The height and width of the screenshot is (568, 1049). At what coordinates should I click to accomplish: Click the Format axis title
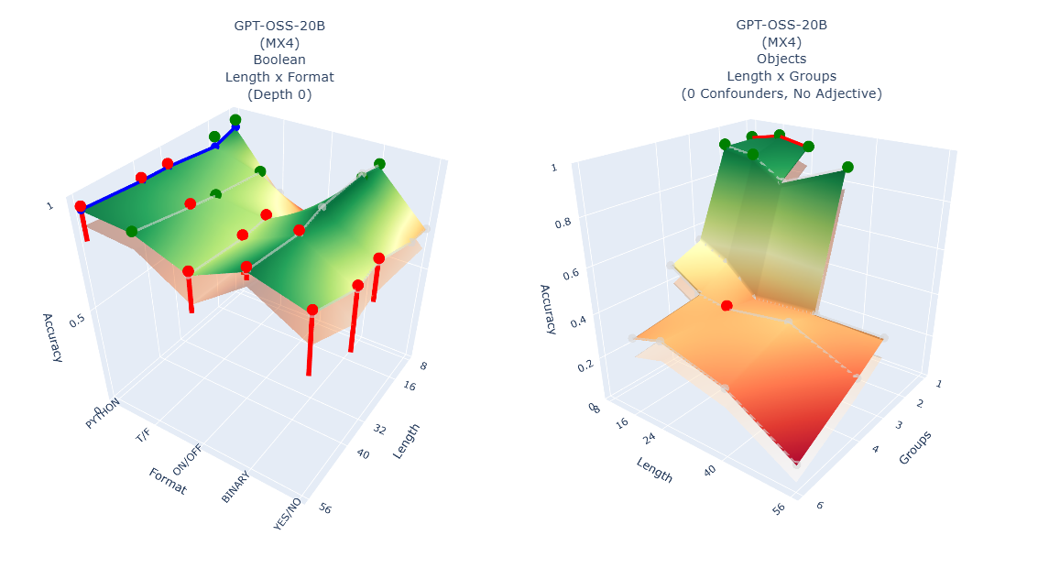coord(168,480)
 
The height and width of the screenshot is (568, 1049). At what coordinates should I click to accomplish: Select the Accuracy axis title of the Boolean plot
coord(52,338)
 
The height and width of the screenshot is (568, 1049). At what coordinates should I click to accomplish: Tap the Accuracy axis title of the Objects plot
coord(548,309)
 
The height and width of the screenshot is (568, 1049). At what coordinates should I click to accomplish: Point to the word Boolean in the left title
coord(279,60)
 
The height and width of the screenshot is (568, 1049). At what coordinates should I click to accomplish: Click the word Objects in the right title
coord(781,60)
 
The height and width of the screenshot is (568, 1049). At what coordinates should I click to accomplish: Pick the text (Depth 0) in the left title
coord(279,93)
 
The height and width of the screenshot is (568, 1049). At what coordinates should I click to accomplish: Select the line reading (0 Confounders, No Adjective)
coord(781,93)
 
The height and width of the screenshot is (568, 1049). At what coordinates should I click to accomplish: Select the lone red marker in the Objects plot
coord(727,305)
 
